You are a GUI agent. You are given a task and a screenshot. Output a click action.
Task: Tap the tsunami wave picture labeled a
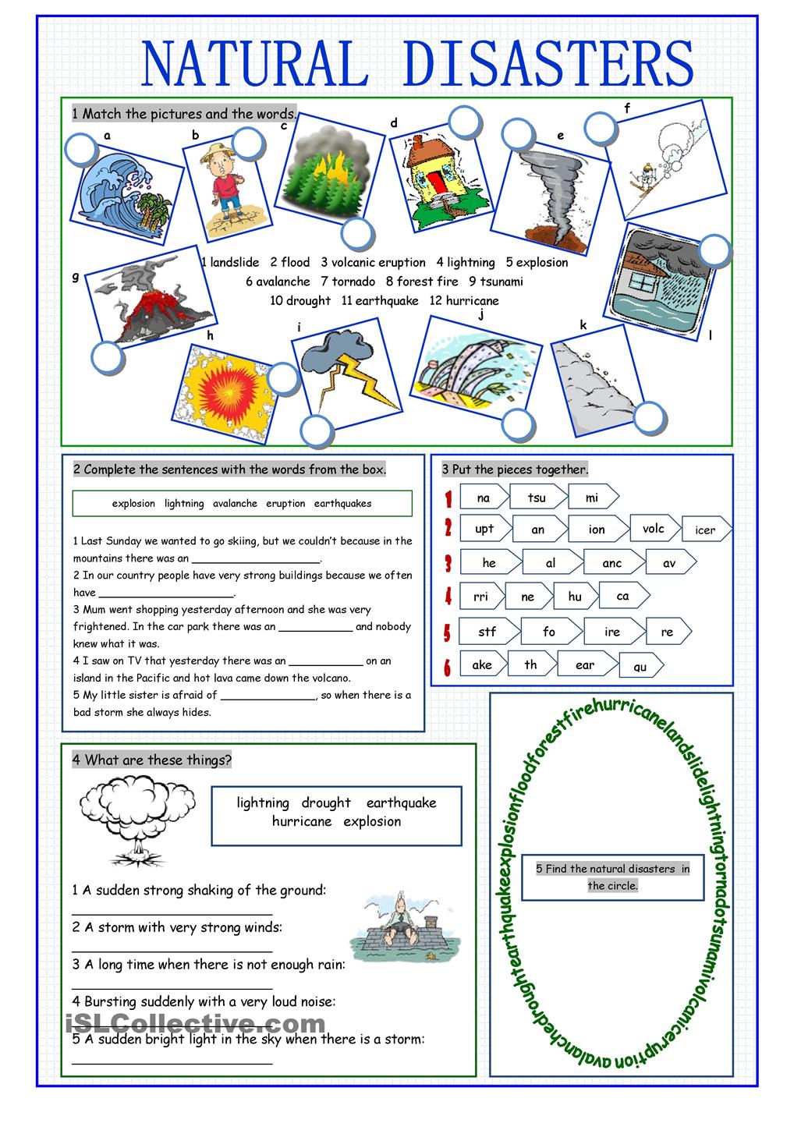coord(123,190)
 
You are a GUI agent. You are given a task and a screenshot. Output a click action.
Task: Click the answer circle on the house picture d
coord(466,122)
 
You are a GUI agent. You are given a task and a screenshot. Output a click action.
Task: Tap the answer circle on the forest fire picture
coord(357,233)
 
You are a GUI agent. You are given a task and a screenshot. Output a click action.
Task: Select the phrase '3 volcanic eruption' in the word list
coord(373,263)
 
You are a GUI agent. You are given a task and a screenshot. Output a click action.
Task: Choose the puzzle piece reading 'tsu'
coord(537,498)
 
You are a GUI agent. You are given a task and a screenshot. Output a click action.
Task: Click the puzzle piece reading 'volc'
coord(654,529)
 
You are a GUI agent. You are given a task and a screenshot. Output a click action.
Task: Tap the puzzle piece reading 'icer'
coord(705,530)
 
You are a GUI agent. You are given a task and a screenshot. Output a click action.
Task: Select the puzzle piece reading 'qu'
coord(640,666)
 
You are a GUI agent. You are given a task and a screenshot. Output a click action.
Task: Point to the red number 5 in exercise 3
coord(448,632)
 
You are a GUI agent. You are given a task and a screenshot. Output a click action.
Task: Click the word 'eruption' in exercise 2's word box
coord(285,504)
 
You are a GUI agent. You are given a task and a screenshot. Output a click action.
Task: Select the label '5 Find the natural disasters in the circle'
coord(612,877)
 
